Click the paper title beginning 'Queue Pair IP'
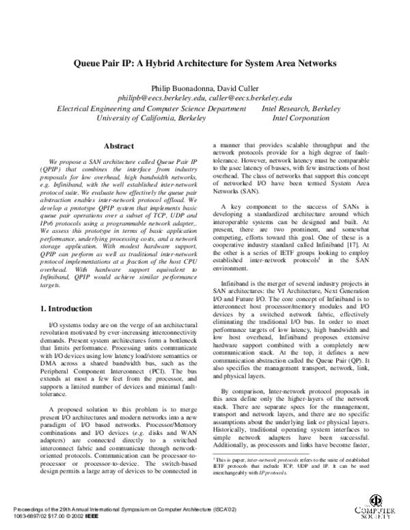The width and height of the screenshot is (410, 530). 205,63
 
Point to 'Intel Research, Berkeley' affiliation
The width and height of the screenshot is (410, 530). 301,108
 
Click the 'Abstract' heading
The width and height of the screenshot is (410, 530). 118,145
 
